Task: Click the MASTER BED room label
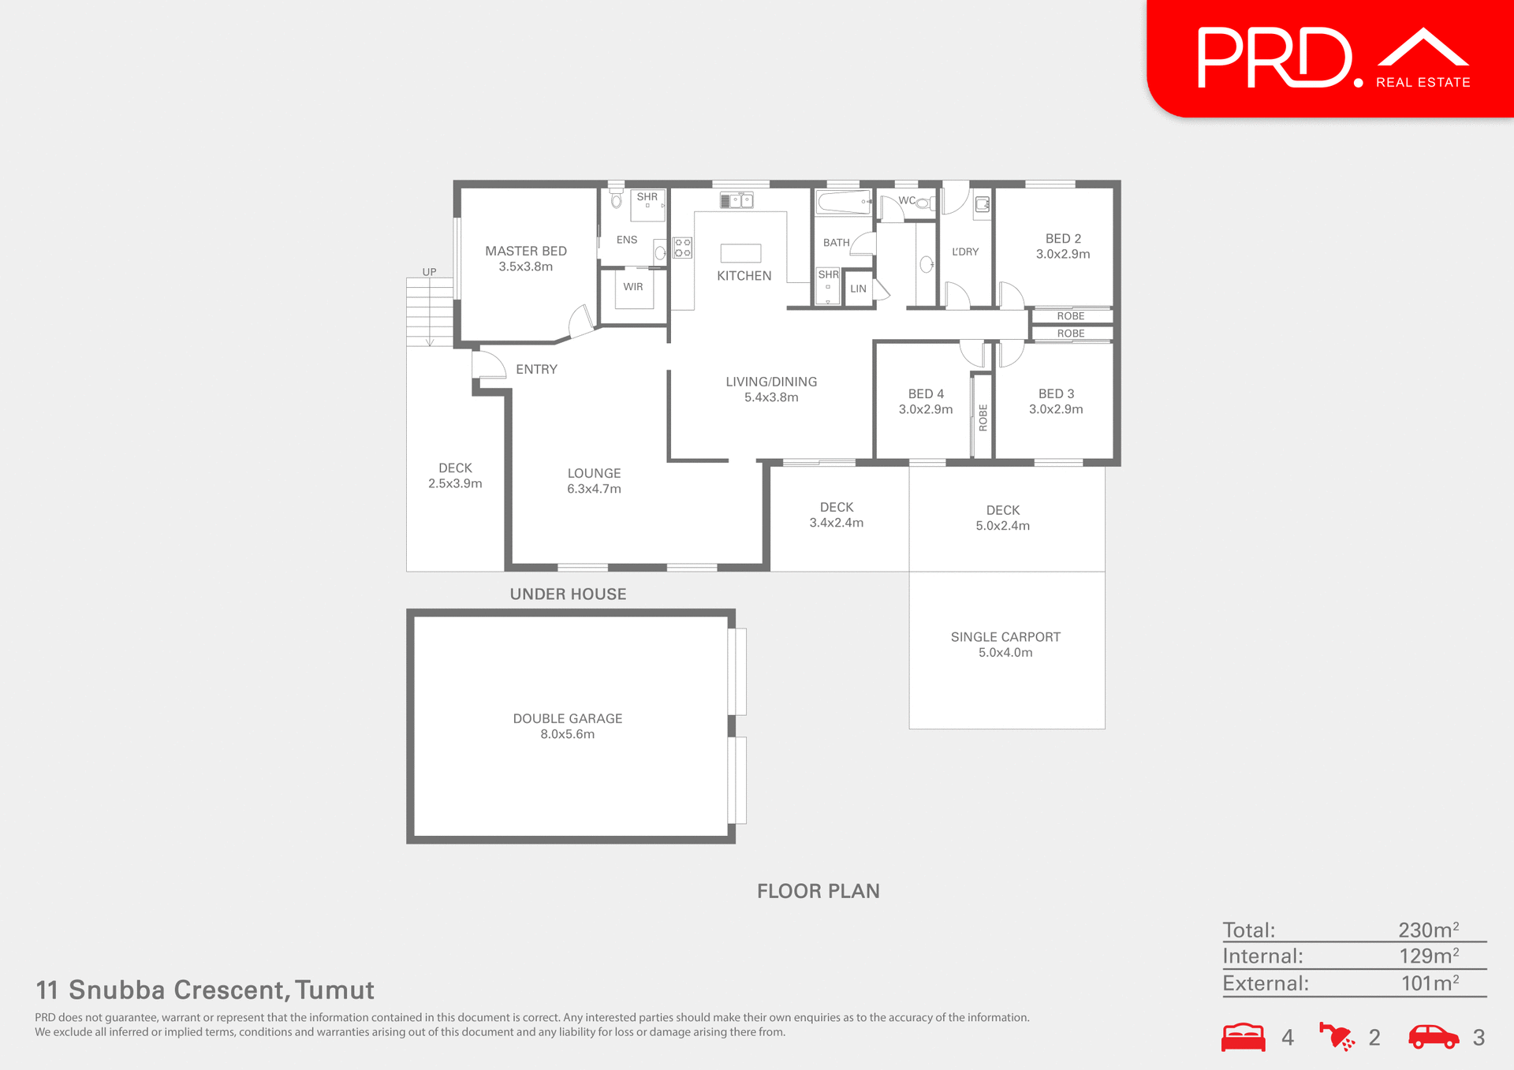coord(526,251)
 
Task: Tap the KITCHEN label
coord(744,276)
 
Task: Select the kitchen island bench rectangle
coord(740,253)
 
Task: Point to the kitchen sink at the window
coord(736,200)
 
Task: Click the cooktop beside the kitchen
coord(683,248)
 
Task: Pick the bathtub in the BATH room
coord(843,202)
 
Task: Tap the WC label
coord(907,200)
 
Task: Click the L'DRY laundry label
coord(965,252)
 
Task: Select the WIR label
coord(633,287)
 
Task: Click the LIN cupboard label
coord(858,289)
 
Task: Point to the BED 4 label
coord(926,393)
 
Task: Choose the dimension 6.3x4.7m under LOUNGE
coord(594,489)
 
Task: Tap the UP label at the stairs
coord(429,272)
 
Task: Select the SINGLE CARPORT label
coord(1005,637)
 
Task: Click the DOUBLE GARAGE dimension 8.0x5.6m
coord(567,734)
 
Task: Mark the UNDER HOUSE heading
coord(568,595)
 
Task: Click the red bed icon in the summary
coord(1243,1037)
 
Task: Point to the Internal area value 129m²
coord(1428,956)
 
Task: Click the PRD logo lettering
coord(1274,58)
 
